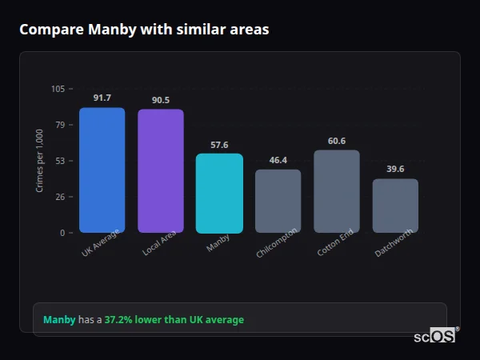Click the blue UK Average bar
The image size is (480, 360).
(102, 170)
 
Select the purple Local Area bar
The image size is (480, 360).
(161, 170)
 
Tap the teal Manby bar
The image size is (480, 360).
(219, 193)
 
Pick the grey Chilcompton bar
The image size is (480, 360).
(278, 201)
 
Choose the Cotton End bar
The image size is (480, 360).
(337, 191)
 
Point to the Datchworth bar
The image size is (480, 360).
(395, 206)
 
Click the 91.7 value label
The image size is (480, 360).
(102, 98)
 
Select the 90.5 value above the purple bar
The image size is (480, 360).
(161, 100)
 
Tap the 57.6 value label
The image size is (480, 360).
(219, 145)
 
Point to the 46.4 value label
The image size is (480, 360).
(278, 160)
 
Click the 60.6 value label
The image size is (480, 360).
(337, 141)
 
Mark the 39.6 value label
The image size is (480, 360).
(395, 169)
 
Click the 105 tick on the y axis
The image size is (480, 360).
(58, 89)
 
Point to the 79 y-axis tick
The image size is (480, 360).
(60, 125)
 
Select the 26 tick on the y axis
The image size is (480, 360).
(60, 197)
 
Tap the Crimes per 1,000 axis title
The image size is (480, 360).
(40, 161)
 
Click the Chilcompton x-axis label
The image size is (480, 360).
(277, 242)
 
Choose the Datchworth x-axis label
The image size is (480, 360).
(394, 242)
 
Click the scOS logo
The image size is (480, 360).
(434, 336)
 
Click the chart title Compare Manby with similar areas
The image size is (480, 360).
(144, 30)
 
